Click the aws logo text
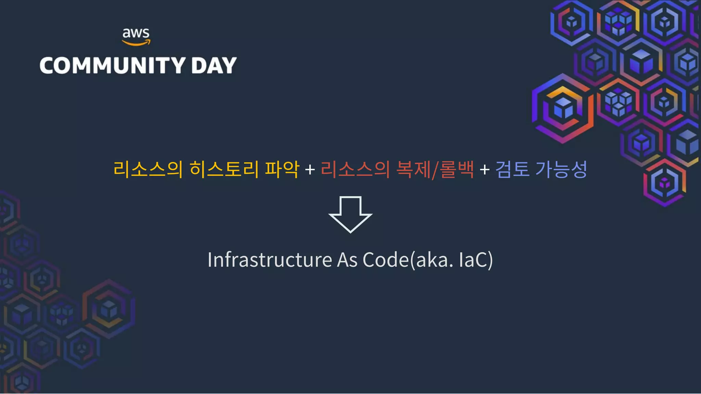click(x=136, y=33)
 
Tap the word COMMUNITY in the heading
click(x=113, y=65)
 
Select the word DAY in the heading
click(x=214, y=65)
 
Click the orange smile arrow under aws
click(x=136, y=43)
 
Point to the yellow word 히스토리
click(x=224, y=169)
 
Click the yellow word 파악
click(x=282, y=169)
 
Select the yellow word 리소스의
click(x=148, y=169)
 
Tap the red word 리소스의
click(x=355, y=169)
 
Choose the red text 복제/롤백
click(x=435, y=169)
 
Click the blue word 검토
click(x=512, y=169)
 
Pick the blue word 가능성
click(x=561, y=169)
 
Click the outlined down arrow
click(x=350, y=214)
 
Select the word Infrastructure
click(x=270, y=260)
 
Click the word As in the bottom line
click(x=347, y=260)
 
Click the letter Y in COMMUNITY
click(x=178, y=65)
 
